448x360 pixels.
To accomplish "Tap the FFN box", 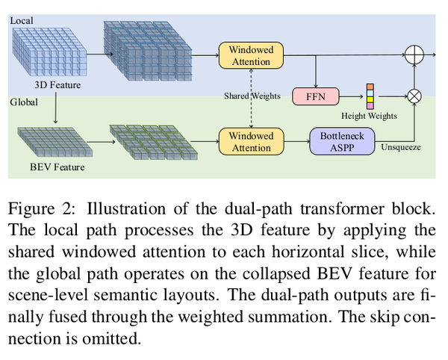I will click(x=318, y=96).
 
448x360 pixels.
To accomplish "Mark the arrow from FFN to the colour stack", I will click(x=351, y=96).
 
